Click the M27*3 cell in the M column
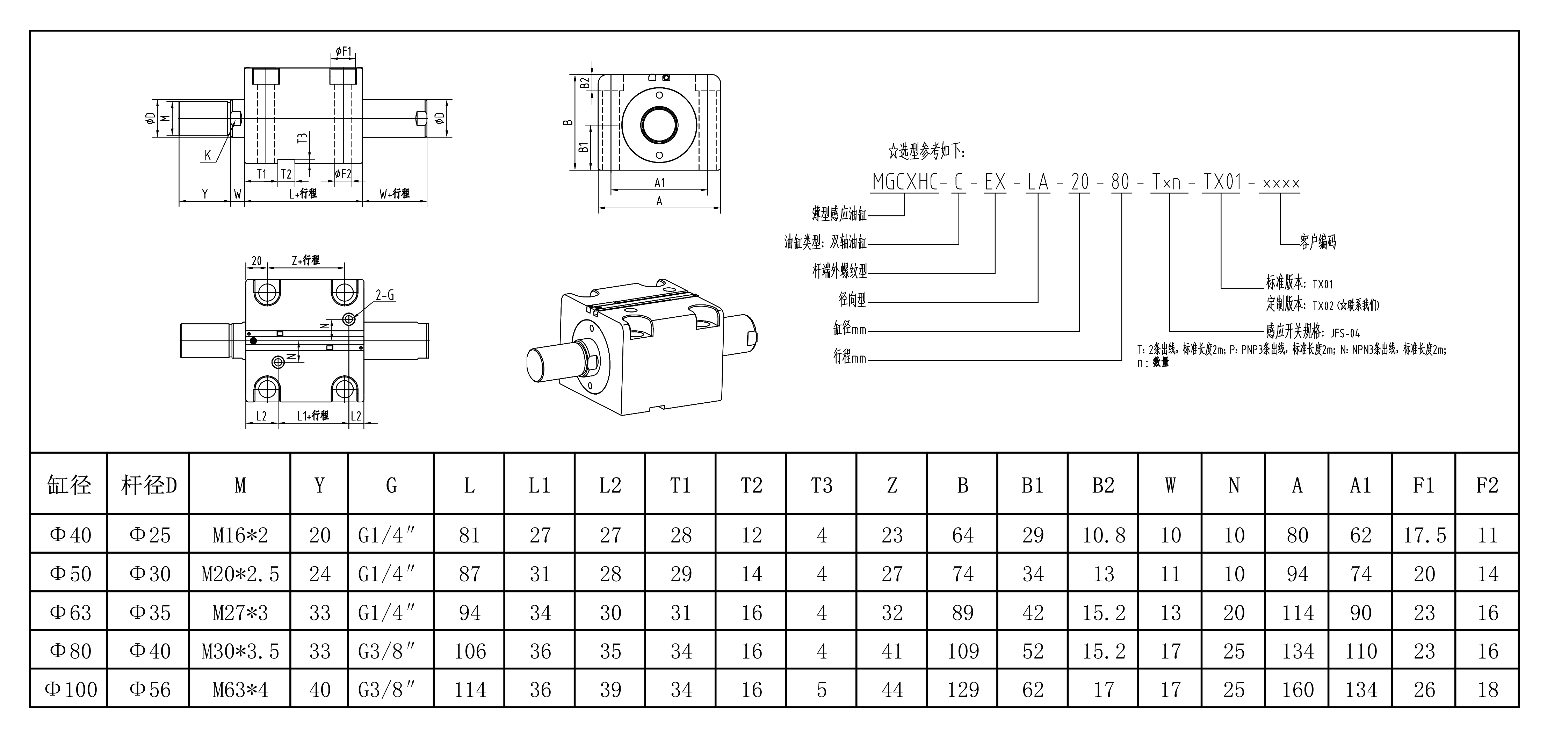coord(240,612)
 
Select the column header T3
coord(821,484)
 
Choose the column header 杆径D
coord(149,484)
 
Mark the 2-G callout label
coord(385,295)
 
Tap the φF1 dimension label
coord(344,52)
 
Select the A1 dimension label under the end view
coord(659,182)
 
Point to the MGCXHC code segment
coord(904,182)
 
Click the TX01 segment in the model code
coord(1222,182)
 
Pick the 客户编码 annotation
coord(1318,242)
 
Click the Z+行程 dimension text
coord(306,260)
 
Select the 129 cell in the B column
coord(963,689)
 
